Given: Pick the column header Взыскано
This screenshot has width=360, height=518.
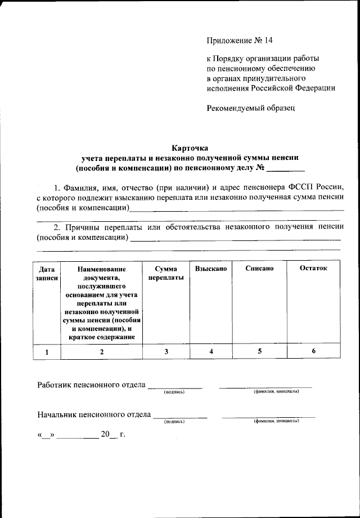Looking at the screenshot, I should (x=211, y=269).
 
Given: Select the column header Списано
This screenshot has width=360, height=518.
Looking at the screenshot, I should (x=259, y=269).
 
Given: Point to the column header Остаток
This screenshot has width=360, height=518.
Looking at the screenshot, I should (x=313, y=269).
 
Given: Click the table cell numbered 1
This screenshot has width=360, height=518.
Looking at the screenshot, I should (x=47, y=352).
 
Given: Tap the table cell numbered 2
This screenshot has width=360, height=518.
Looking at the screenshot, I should (x=102, y=352).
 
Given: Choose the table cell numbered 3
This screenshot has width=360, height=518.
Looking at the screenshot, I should (x=166, y=352).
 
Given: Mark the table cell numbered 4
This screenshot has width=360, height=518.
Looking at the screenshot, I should (x=211, y=352).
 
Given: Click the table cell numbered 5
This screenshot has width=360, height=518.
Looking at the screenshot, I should (x=259, y=351).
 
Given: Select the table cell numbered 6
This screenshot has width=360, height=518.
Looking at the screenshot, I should (x=313, y=351).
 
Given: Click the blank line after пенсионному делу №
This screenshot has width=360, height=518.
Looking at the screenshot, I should (x=285, y=169).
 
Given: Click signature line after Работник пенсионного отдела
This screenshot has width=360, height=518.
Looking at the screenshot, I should (x=174, y=386).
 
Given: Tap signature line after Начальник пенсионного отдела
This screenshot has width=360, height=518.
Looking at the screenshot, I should (x=179, y=416).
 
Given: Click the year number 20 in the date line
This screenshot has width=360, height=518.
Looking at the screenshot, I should (x=105, y=435).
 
